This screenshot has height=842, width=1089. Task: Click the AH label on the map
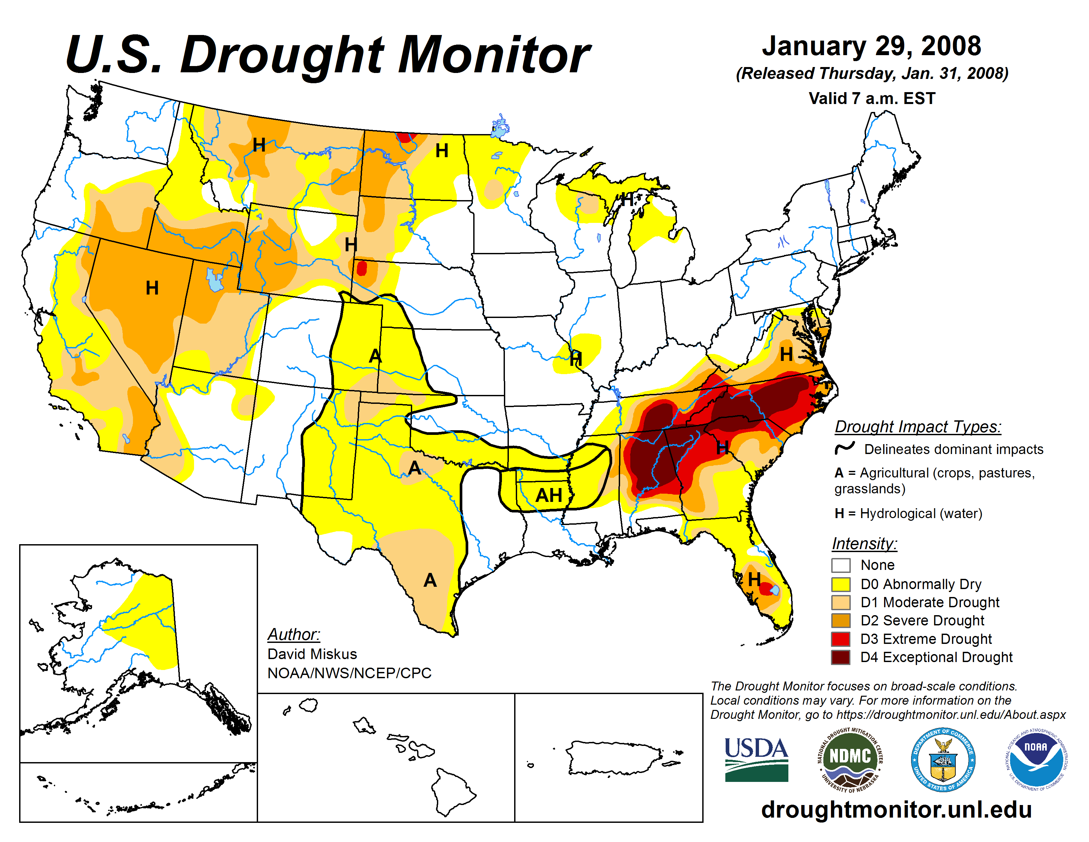coord(548,495)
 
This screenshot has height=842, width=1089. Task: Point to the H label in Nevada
coord(152,288)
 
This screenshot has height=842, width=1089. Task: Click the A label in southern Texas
coord(430,580)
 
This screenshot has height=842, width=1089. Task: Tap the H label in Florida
coord(754,579)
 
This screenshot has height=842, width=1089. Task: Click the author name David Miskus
coord(312,653)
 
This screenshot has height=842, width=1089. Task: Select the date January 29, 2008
coord(871,46)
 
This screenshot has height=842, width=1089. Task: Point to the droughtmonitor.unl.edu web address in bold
coord(896,809)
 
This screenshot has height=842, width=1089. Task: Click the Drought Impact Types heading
coord(917,427)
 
